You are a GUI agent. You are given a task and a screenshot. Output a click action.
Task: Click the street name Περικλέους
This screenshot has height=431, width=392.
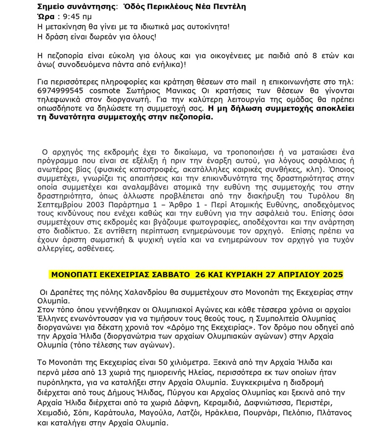(187, 7)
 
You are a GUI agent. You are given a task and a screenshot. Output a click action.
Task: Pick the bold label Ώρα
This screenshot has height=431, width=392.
(46, 17)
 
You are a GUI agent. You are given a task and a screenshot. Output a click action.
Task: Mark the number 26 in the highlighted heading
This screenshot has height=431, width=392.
(200, 274)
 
